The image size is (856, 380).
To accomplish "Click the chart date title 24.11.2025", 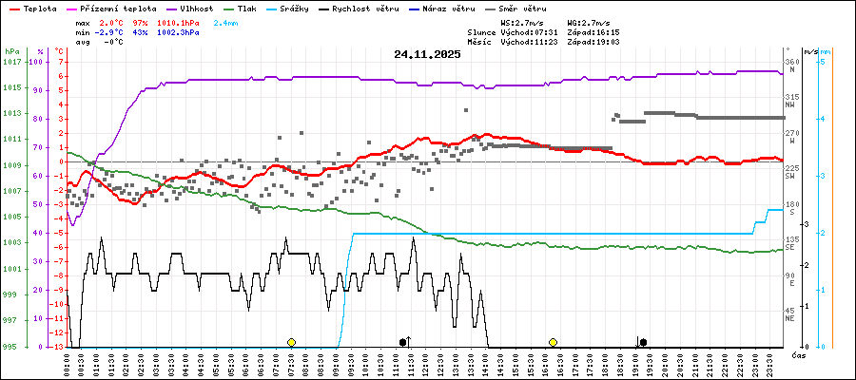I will [427, 54].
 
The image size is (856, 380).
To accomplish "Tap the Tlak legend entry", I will [269, 8].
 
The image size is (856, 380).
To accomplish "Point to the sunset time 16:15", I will [606, 31].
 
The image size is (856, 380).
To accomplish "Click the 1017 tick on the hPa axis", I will [12, 62].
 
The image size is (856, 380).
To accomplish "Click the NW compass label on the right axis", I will [791, 105].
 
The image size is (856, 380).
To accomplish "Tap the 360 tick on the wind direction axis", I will [791, 62].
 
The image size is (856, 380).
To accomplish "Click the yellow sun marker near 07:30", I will [291, 342].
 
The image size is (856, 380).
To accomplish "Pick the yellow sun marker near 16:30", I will [553, 342].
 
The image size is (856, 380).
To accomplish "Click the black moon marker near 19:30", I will [644, 342].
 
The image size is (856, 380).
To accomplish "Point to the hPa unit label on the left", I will [12, 51].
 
